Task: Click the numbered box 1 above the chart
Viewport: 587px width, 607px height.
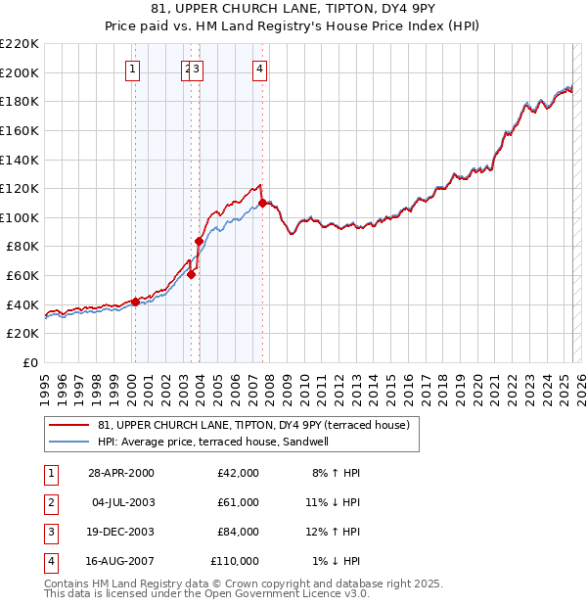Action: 133,69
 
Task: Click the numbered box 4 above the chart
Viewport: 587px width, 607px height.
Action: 259,69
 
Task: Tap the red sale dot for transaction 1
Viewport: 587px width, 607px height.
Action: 135,302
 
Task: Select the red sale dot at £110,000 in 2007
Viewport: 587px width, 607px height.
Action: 262,204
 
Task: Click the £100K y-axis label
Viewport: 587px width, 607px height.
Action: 21,217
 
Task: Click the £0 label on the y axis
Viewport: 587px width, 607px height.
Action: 28,362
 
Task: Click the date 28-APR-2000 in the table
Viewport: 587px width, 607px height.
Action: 120,473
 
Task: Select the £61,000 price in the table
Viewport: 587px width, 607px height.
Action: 238,501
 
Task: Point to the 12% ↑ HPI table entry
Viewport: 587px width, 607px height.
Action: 336,532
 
